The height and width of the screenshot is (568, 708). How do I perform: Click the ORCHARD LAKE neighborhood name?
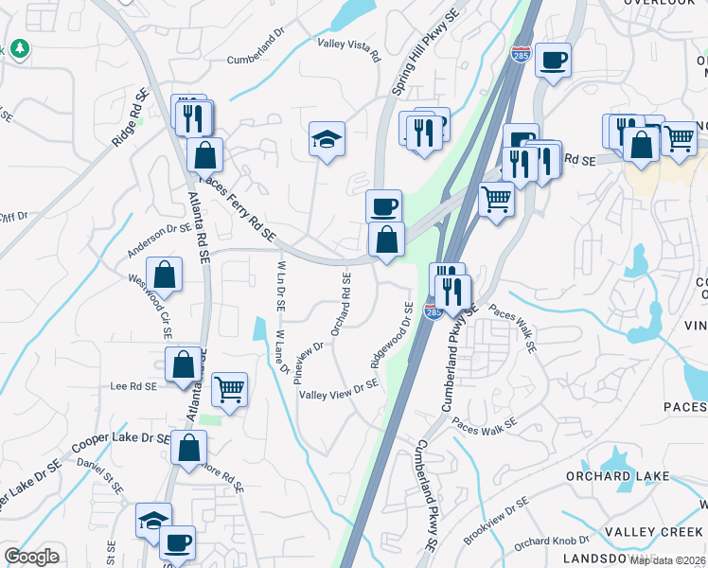[x=631, y=476]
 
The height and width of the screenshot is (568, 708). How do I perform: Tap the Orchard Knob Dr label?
[x=545, y=542]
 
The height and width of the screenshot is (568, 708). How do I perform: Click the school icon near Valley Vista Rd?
[x=327, y=140]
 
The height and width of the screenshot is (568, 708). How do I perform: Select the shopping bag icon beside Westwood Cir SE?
[x=165, y=274]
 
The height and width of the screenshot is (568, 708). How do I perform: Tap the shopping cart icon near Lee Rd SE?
[x=229, y=387]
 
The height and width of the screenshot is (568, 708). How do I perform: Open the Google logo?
[x=31, y=557]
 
